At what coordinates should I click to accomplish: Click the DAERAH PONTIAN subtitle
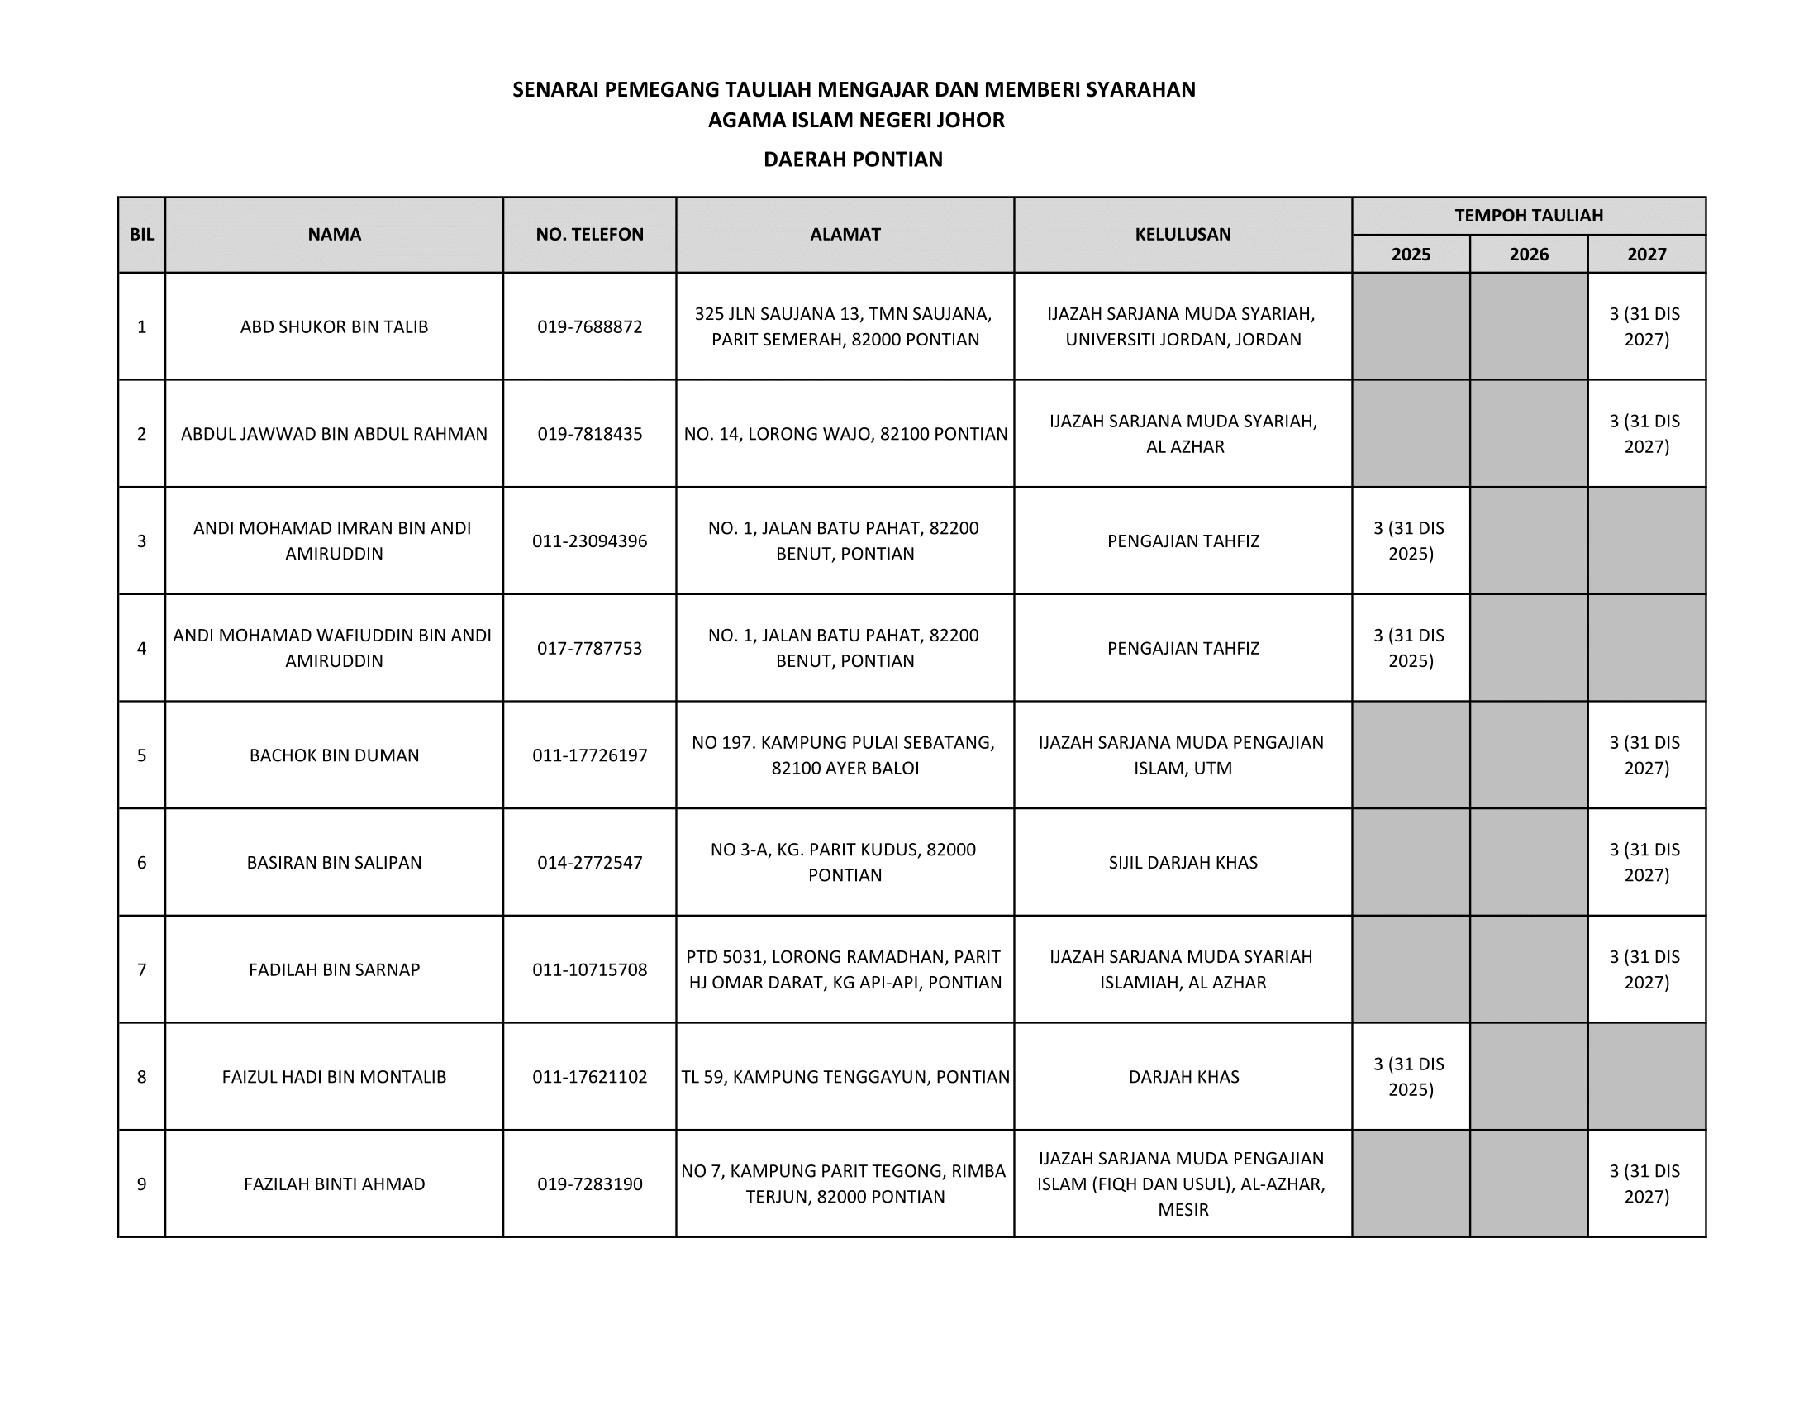853,159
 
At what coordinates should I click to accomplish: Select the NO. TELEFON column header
589,235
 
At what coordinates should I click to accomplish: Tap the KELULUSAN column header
1182,235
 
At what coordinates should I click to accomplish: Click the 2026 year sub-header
1528,254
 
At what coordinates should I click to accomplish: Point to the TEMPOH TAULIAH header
1528,216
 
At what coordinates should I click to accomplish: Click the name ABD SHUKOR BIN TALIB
334,326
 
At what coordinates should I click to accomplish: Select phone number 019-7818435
589,434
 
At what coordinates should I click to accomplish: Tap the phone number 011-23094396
589,541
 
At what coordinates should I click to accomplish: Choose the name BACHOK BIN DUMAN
334,755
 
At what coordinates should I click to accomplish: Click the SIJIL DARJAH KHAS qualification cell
1182,862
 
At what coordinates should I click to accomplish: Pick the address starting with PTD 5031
844,969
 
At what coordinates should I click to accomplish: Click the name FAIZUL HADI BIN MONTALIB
334,1076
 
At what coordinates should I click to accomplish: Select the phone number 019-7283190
589,1184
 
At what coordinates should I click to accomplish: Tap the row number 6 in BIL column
141,862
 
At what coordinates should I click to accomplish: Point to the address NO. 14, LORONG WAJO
845,434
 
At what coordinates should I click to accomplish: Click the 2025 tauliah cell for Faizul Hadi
1410,1076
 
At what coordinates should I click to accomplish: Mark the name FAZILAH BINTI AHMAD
334,1184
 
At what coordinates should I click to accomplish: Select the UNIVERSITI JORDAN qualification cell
1182,326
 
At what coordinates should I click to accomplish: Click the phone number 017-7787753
589,648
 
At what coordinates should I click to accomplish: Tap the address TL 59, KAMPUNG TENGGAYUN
845,1076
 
